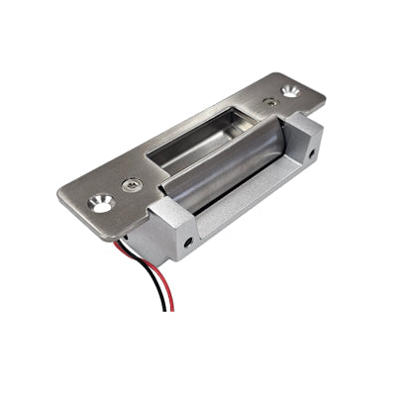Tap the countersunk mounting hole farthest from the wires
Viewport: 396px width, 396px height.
pos(290,90)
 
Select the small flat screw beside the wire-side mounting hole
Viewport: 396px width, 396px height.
pos(132,184)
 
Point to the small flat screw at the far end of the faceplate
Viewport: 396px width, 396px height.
pos(269,101)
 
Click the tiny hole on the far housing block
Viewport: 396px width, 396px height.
pos(315,154)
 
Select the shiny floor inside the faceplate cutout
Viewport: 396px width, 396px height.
pos(198,148)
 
